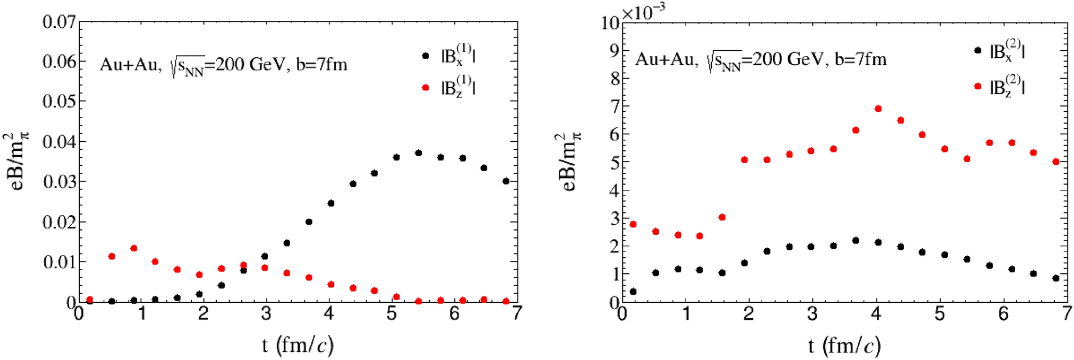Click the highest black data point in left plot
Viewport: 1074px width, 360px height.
418,153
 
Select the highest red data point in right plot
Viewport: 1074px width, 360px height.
878,109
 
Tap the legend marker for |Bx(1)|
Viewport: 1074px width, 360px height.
426,55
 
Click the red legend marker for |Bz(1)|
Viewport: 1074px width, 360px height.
426,87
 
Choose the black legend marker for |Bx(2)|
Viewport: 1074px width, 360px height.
978,50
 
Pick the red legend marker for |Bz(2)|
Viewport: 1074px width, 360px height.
978,86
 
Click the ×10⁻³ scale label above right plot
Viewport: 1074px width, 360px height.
644,12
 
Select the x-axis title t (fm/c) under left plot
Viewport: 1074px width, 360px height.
298,345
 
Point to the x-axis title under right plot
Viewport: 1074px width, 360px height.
844,346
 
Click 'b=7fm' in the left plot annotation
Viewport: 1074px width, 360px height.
322,65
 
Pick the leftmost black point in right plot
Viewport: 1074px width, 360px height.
633,292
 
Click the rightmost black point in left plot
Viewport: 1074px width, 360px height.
506,181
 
